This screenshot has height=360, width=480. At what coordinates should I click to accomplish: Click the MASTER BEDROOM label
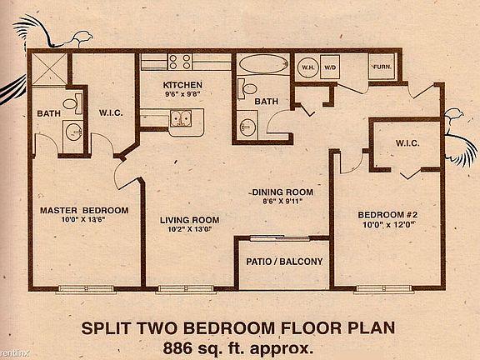pos(83,209)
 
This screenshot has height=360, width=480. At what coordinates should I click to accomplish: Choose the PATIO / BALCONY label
pos(284,262)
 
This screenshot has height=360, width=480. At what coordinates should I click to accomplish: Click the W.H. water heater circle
pos(307,67)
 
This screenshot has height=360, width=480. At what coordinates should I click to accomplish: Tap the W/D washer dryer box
pos(331,67)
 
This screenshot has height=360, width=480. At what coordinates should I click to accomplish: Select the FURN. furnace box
pos(382,67)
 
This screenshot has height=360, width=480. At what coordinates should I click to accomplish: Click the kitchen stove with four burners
pos(180,62)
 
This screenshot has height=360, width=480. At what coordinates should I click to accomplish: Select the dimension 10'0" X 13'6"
pos(83,221)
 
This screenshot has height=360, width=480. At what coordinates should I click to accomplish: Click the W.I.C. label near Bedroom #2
pos(403,143)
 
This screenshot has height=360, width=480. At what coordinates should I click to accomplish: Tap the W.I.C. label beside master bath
pos(111,112)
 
